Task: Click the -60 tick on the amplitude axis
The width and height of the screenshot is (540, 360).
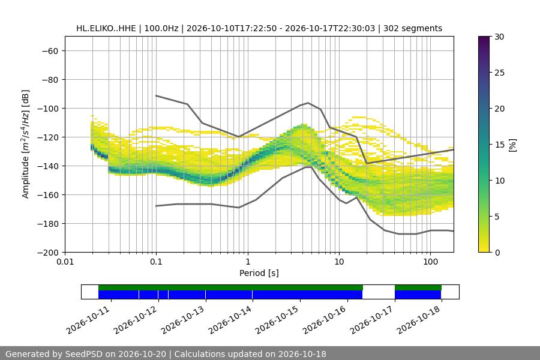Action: [50, 51]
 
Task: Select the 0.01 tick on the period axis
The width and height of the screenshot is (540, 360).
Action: [65, 262]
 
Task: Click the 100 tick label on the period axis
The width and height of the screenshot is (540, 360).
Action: [430, 262]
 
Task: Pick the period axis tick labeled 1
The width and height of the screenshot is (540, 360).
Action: [248, 262]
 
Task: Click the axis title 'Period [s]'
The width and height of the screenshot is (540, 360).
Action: [259, 273]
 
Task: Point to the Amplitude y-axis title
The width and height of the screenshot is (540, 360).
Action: [25, 144]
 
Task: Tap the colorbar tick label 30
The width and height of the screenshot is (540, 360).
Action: [499, 37]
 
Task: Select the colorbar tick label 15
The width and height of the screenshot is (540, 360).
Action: [499, 145]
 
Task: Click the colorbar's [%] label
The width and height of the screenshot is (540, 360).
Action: [513, 145]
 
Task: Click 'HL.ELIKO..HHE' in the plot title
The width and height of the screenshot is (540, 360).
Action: [106, 28]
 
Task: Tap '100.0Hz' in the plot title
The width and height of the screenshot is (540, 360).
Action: [161, 28]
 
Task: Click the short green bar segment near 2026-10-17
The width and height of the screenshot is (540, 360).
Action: [418, 287]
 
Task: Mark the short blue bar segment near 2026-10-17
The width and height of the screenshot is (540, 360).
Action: [418, 295]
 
